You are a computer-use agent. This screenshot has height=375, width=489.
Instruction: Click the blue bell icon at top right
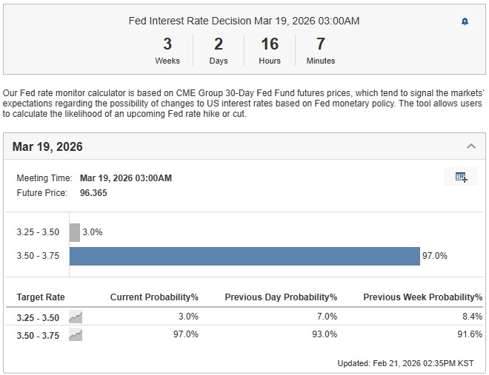465,21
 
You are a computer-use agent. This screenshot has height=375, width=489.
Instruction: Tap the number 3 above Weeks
167,44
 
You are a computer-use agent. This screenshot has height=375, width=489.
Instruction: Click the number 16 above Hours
270,44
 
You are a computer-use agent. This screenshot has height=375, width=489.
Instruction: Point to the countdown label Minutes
321,61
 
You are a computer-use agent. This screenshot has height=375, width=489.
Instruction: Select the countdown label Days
219,61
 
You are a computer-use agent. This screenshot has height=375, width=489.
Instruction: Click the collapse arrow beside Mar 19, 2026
470,146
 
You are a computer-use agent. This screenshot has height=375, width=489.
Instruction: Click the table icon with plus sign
461,177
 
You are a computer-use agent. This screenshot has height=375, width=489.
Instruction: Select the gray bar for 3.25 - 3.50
75,232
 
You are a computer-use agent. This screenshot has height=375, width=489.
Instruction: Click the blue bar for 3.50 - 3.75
245,256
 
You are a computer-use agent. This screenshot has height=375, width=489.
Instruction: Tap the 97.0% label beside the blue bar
435,256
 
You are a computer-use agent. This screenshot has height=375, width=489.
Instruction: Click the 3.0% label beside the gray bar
93,232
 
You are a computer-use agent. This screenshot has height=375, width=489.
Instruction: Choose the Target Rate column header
41,297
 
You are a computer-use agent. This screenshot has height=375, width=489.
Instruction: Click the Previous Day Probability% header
281,297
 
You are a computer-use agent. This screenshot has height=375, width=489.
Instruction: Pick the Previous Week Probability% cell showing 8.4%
472,317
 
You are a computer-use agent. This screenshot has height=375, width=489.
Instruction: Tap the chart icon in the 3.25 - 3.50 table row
76,317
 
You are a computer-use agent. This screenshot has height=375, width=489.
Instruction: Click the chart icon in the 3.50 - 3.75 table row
76,334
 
